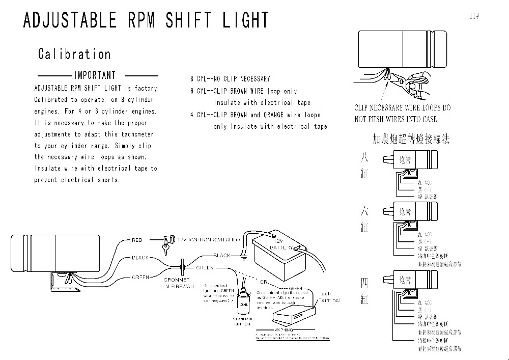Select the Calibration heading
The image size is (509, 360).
74,54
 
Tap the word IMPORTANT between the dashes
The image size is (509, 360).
95,75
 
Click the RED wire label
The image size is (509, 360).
137,240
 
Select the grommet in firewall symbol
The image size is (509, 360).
183,266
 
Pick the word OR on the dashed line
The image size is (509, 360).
264,282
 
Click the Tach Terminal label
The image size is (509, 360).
325,297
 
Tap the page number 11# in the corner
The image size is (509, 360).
474,16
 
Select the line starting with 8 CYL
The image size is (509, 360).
230,79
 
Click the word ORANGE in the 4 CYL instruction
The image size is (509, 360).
273,115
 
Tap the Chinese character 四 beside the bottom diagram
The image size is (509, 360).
364,283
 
